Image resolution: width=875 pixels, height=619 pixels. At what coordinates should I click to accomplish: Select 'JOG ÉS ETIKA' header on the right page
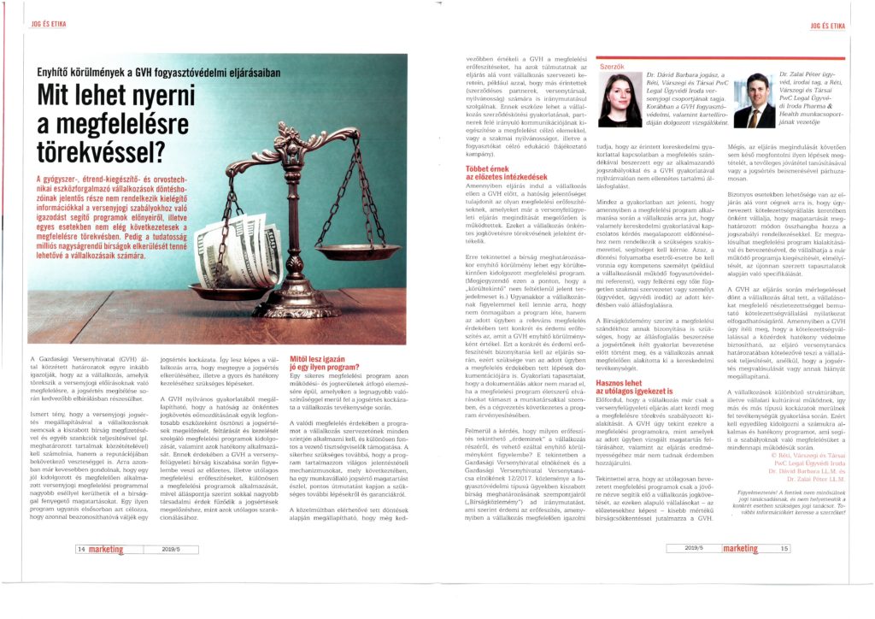click(x=827, y=27)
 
